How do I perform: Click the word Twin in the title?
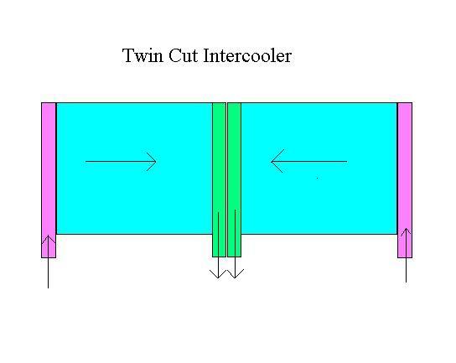point(142,55)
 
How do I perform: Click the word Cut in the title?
point(184,55)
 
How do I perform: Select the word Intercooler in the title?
point(247,55)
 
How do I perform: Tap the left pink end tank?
point(49,180)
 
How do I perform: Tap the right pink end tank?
point(405,180)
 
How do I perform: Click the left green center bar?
point(219,179)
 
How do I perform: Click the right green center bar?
point(234,179)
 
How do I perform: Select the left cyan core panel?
point(134,169)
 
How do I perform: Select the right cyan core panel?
point(319,169)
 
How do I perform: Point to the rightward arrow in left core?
point(121,162)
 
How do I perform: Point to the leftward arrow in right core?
point(308,161)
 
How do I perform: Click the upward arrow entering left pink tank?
point(49,262)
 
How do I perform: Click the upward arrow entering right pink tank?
point(406,255)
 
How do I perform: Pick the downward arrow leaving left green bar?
point(218,245)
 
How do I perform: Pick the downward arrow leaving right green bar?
point(235,244)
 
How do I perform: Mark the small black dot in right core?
point(317,178)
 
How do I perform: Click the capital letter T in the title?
point(127,55)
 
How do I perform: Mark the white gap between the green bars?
point(226,179)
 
